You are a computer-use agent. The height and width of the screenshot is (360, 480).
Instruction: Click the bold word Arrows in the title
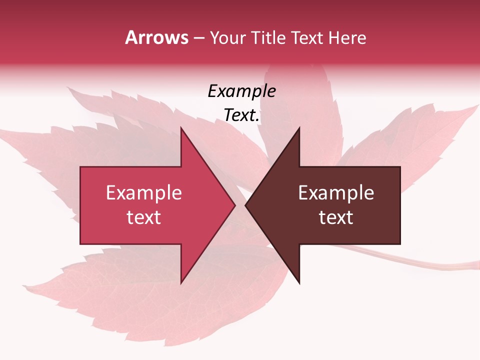pyautogui.click(x=157, y=37)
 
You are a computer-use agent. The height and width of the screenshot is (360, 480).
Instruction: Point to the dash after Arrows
pyautogui.click(x=198, y=38)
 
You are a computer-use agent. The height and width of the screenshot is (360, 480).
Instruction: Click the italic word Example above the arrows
pyautogui.click(x=241, y=91)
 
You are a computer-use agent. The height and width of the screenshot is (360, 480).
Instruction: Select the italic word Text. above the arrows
pyautogui.click(x=241, y=115)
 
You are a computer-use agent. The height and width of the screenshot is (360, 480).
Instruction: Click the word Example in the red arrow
pyautogui.click(x=144, y=193)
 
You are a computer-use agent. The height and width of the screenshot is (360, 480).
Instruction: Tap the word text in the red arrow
pyautogui.click(x=144, y=217)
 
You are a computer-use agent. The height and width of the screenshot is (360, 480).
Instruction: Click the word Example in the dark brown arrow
pyautogui.click(x=336, y=193)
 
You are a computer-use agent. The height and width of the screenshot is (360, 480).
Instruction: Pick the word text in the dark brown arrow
pyautogui.click(x=336, y=217)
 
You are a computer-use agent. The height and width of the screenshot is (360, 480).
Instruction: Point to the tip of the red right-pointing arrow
pyautogui.click(x=235, y=205)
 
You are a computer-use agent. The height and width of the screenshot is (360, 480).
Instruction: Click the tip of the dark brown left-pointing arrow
pyautogui.click(x=245, y=205)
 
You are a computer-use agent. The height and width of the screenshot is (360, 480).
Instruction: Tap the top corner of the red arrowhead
pyautogui.click(x=181, y=127)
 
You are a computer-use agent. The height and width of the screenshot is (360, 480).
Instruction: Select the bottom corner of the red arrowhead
pyautogui.click(x=181, y=283)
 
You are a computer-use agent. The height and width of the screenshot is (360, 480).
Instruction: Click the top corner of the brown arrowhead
pyautogui.click(x=299, y=127)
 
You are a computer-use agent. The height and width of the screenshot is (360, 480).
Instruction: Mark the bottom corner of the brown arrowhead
pyautogui.click(x=299, y=283)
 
